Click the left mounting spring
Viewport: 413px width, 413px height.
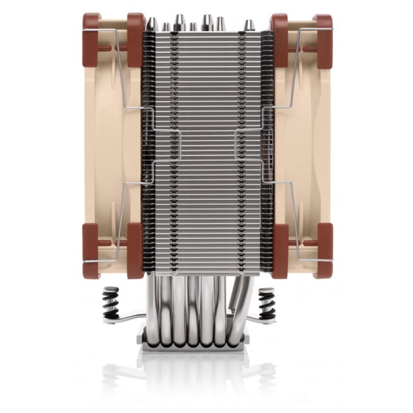[111, 303]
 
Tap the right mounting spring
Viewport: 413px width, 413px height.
[266, 303]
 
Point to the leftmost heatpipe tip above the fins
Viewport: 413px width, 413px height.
[152, 24]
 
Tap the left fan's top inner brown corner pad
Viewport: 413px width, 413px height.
[135, 39]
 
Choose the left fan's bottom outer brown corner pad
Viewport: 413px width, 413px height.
[90, 250]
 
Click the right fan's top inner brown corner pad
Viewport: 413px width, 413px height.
[279, 39]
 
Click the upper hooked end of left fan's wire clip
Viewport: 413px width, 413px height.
[85, 30]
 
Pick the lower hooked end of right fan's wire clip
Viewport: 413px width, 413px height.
[330, 260]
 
